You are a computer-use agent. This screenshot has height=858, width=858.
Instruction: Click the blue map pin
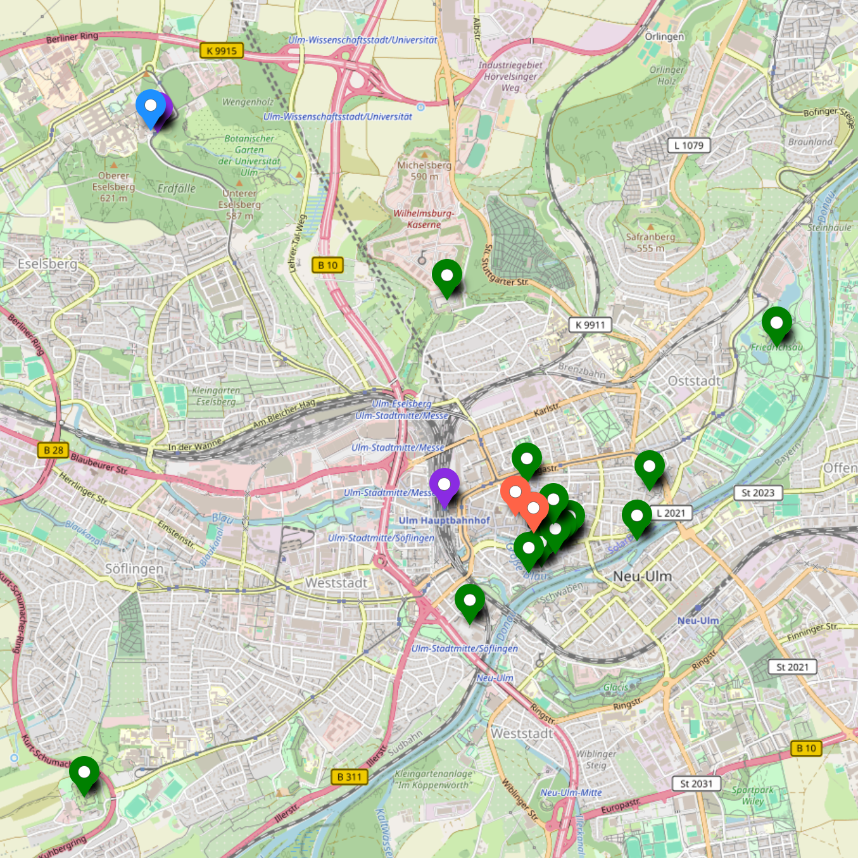151,106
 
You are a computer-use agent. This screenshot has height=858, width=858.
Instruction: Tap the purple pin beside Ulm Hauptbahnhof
444,486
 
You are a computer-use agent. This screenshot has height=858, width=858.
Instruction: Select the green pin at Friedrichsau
776,324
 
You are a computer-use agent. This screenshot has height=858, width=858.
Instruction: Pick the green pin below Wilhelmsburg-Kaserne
447,277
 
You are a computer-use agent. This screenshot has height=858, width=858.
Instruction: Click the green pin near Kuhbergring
84,773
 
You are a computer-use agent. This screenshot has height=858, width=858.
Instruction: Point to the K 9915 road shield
222,51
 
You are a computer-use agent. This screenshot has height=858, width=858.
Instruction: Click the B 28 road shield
54,450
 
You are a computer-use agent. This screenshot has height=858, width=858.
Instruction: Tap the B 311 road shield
349,776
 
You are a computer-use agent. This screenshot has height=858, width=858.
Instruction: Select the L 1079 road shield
689,146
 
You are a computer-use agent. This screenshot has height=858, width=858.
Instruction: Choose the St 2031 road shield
696,784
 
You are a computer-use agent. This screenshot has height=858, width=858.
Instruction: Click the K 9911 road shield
590,325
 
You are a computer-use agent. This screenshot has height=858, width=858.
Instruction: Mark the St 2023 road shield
758,493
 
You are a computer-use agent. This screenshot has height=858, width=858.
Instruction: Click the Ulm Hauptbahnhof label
445,520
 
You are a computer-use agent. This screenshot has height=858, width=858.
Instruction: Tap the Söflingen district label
134,569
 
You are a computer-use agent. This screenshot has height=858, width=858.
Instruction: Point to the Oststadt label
695,381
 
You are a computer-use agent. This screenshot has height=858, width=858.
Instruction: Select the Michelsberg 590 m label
424,170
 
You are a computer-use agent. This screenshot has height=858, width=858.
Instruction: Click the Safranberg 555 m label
650,243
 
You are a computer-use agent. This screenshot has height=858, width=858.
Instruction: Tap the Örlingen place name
664,37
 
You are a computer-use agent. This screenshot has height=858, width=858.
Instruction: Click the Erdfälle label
177,189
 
